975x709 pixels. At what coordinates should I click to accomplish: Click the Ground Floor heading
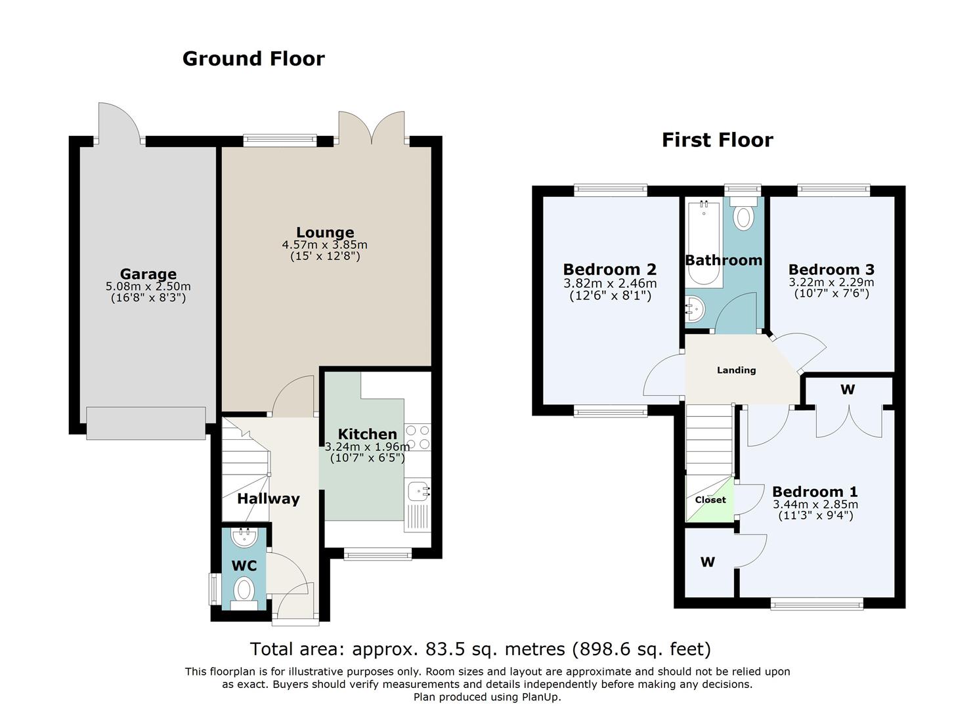coord(253,59)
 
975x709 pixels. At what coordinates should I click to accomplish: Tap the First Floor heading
coord(718,140)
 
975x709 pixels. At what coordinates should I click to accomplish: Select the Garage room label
coord(148,274)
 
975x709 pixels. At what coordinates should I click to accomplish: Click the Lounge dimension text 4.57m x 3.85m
coord(325,245)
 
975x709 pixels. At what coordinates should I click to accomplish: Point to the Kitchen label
coord(368,434)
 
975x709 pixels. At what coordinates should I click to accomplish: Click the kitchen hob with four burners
coord(418,437)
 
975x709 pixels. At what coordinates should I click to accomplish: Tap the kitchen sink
coord(418,492)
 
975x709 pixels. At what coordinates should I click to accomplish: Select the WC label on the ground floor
coord(244,566)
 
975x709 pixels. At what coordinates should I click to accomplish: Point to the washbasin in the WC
coord(244,538)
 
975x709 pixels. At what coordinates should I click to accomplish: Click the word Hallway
coord(269,499)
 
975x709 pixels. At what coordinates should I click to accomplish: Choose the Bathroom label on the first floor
coord(724,260)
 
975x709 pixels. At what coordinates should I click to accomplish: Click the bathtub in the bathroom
coord(704,243)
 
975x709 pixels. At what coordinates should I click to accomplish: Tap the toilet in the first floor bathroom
coord(743,213)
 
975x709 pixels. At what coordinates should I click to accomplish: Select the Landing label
coord(737,370)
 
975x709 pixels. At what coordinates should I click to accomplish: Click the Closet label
coord(710,500)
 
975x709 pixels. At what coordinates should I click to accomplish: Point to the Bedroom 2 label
coord(610,269)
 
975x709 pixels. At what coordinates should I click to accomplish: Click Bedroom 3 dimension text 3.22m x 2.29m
coord(831,282)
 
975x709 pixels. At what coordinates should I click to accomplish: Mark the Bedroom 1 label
coord(815,492)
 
